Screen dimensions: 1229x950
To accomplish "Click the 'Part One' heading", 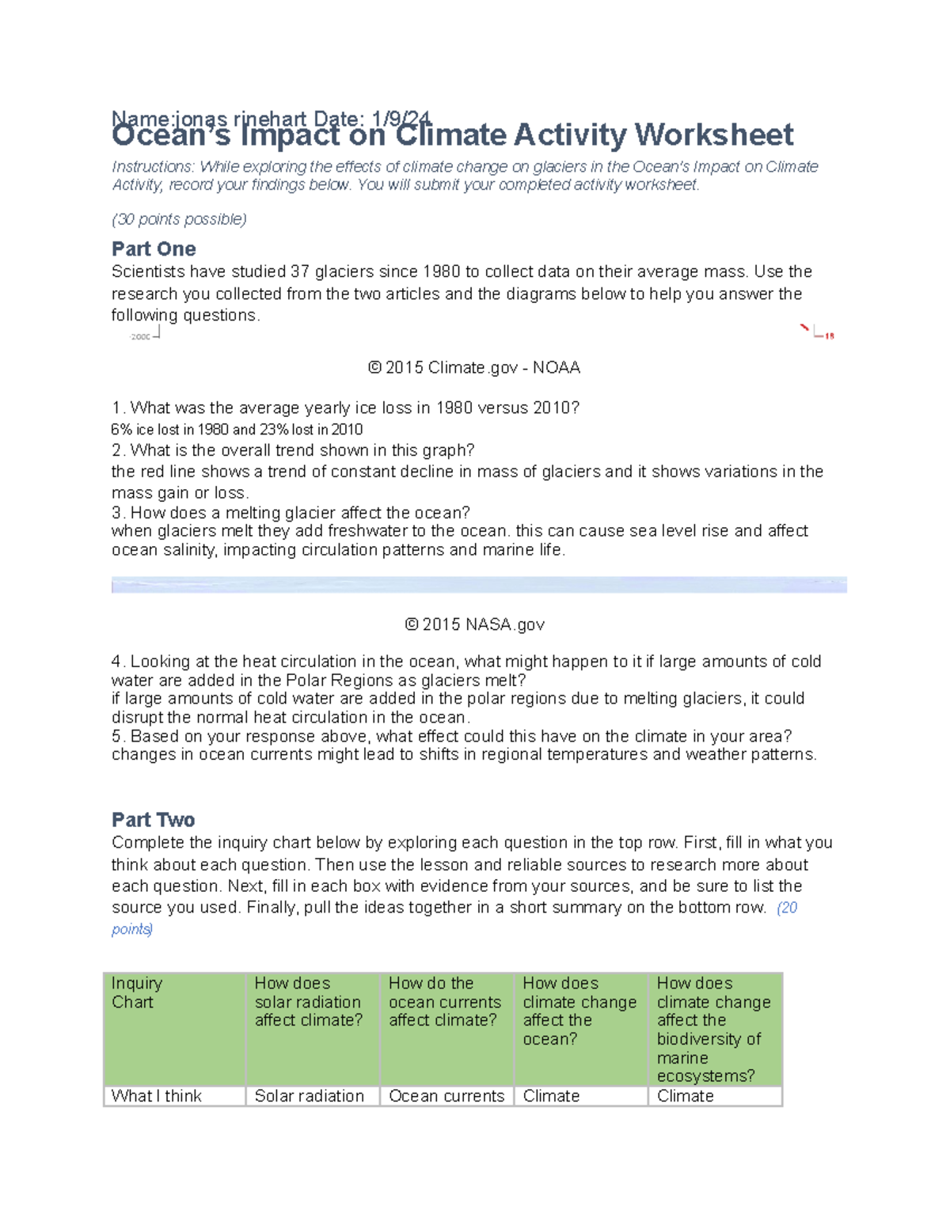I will pyautogui.click(x=154, y=249).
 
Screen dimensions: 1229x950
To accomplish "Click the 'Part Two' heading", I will pyautogui.click(x=153, y=820).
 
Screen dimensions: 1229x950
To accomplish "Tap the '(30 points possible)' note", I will pyautogui.click(x=179, y=219).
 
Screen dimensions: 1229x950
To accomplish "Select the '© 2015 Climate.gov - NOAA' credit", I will pyautogui.click(x=474, y=368).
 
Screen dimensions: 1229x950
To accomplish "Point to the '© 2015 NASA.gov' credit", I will pyautogui.click(x=474, y=624).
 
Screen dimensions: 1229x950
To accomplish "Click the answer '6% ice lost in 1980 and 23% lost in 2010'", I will pyautogui.click(x=237, y=430).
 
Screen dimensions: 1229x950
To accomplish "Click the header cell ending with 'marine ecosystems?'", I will pyautogui.click(x=714, y=1029).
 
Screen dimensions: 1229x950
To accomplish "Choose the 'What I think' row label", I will pyautogui.click(x=157, y=1096).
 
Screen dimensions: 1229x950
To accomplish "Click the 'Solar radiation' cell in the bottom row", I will pyautogui.click(x=310, y=1096).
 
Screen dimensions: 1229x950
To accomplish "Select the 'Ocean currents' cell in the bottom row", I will pyautogui.click(x=446, y=1096).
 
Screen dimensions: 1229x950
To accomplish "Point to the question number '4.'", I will pyautogui.click(x=118, y=662).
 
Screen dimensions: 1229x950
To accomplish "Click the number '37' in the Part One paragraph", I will pyautogui.click(x=300, y=272).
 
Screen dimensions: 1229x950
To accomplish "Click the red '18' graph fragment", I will pyautogui.click(x=829, y=336).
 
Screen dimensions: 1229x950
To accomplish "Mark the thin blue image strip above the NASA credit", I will pyautogui.click(x=479, y=585).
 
